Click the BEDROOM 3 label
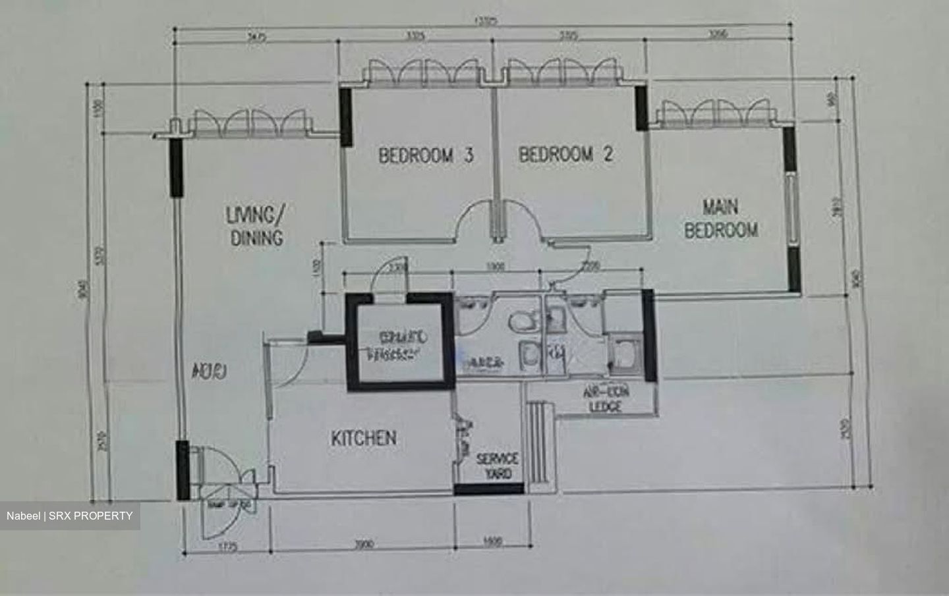click(x=426, y=155)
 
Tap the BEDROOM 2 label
click(x=565, y=154)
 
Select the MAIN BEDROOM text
click(x=720, y=219)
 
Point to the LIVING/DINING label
click(x=256, y=226)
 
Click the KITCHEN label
click(x=363, y=438)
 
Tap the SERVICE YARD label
click(x=497, y=466)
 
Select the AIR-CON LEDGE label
click(x=605, y=400)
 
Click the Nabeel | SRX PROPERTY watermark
click(x=69, y=516)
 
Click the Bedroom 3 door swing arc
click(x=474, y=221)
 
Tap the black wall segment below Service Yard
click(x=488, y=489)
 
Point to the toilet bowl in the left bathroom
click(x=522, y=323)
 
